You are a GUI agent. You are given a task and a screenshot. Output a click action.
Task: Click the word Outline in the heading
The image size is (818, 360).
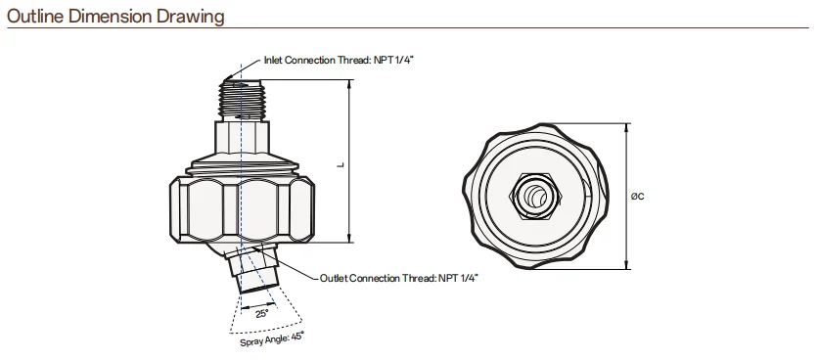[x=36, y=17]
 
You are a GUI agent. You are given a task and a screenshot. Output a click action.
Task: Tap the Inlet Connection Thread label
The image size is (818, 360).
[x=339, y=60]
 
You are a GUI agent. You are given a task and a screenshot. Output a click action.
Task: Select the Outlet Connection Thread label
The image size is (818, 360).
[x=398, y=278]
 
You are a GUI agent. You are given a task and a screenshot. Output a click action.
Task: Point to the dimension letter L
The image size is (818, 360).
[x=341, y=165]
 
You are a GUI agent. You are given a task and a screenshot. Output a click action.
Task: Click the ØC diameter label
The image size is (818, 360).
[x=638, y=197]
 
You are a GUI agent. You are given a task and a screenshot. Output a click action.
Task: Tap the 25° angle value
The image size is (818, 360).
[x=262, y=314]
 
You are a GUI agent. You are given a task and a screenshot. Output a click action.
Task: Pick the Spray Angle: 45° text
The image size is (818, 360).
[x=272, y=339]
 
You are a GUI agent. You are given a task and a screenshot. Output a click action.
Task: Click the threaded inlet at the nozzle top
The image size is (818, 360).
[x=243, y=99]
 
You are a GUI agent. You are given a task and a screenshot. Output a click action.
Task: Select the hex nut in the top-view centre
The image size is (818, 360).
[x=537, y=197]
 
